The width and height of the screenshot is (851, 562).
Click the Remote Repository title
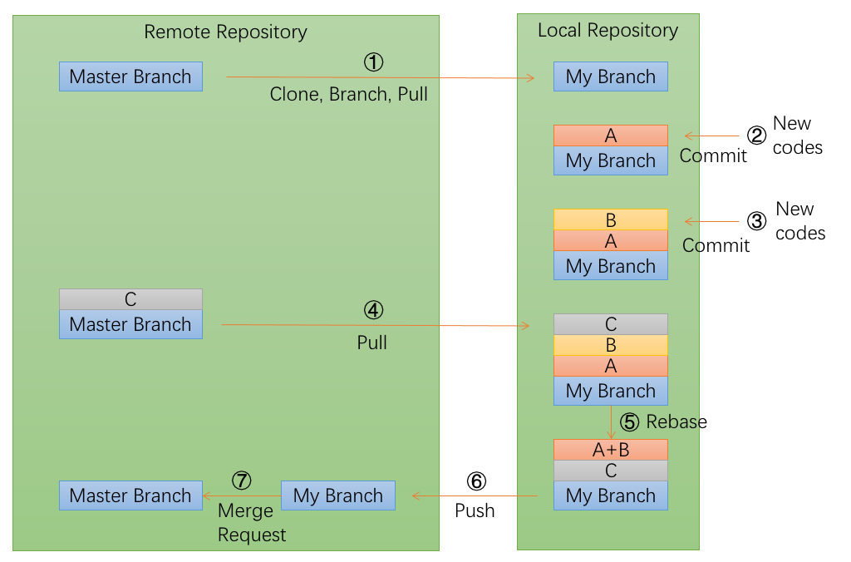pyautogui.click(x=225, y=32)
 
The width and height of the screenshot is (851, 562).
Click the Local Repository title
pyautogui.click(x=608, y=31)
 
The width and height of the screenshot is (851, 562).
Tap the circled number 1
pyautogui.click(x=374, y=62)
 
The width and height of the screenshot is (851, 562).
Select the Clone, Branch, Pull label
pyautogui.click(x=348, y=94)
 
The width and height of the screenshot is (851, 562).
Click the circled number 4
pyautogui.click(x=374, y=310)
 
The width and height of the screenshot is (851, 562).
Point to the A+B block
pyautogui.click(x=611, y=450)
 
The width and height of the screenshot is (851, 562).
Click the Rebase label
pyautogui.click(x=676, y=422)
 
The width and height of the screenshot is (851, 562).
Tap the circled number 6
pyautogui.click(x=475, y=481)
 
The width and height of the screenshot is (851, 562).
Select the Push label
pyautogui.click(x=475, y=510)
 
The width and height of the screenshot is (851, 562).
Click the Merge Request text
pyautogui.click(x=251, y=523)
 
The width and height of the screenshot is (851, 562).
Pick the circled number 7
pyautogui.click(x=241, y=481)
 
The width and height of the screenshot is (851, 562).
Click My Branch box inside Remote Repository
pyautogui.click(x=337, y=495)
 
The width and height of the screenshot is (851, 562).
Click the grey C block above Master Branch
pyautogui.click(x=130, y=299)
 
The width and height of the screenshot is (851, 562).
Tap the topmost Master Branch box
pyautogui.click(x=130, y=76)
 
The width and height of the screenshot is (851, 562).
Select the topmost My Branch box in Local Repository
pyautogui.click(x=611, y=76)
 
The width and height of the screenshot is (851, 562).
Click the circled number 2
pyautogui.click(x=755, y=136)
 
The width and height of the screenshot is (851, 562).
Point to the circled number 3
pyautogui.click(x=756, y=221)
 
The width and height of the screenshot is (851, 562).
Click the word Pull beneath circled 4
pyautogui.click(x=371, y=343)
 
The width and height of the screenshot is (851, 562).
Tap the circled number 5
pyautogui.click(x=631, y=422)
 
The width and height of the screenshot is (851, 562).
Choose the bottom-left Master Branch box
pyautogui.click(x=130, y=495)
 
